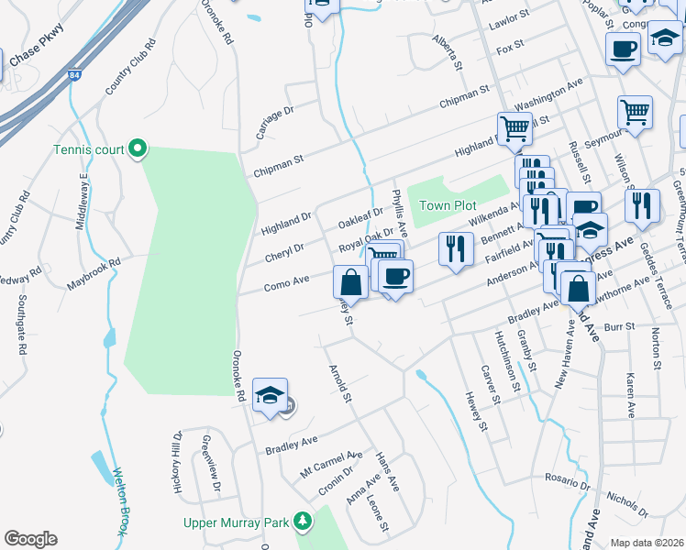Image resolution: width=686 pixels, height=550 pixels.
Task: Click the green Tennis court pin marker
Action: pos(137,148)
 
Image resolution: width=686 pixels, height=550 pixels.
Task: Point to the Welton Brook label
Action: pos(118,502)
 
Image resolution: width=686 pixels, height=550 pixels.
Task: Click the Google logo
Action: pos(30,539)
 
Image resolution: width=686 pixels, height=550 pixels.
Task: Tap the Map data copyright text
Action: pos(647,543)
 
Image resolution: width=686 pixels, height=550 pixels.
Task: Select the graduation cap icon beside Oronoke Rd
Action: pos(270,396)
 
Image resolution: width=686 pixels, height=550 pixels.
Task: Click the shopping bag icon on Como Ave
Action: pos(350,280)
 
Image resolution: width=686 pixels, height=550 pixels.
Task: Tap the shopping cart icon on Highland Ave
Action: pos(514,129)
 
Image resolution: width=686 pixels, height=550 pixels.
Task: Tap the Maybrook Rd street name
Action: pos(94,274)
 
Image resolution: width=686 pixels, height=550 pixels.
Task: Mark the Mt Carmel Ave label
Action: pos(331,463)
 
